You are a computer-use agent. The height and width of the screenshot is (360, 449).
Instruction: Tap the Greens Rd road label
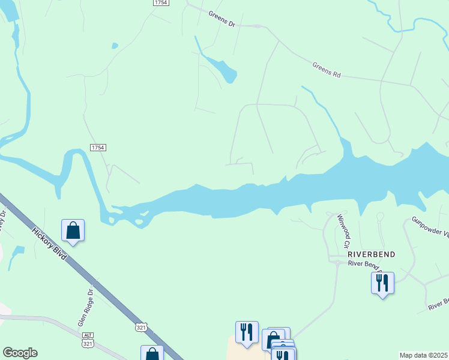(x=327, y=70)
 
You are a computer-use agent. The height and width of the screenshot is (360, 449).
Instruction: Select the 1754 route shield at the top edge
(x=161, y=3)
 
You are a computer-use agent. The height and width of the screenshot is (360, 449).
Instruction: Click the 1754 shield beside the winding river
(x=98, y=148)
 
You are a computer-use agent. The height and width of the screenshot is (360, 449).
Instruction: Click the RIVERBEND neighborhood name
(x=372, y=254)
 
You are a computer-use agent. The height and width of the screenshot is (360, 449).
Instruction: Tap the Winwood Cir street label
(x=343, y=230)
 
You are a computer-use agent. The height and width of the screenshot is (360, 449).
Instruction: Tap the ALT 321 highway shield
(x=88, y=340)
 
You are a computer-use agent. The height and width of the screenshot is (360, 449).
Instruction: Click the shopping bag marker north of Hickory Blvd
(x=73, y=230)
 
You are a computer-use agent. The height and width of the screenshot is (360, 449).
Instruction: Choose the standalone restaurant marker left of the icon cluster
(x=246, y=332)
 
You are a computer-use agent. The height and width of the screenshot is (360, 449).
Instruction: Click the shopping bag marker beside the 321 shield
(x=152, y=354)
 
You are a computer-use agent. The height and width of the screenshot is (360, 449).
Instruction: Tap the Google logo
(x=20, y=353)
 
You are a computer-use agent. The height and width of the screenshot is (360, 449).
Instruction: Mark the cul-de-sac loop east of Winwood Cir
(x=379, y=216)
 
